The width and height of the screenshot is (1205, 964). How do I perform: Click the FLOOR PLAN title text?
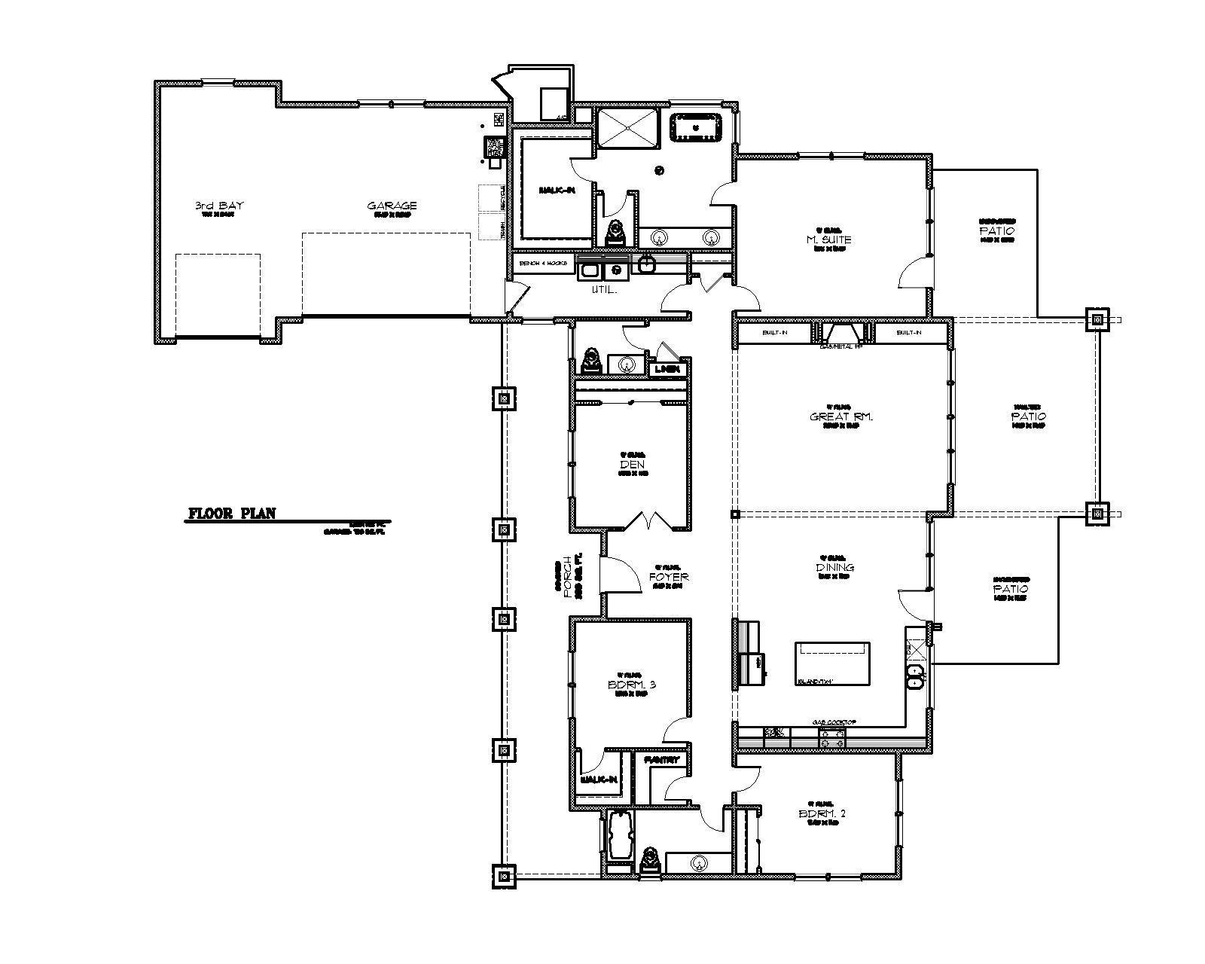[x=231, y=514]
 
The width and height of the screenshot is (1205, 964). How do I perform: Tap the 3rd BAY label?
[x=219, y=206]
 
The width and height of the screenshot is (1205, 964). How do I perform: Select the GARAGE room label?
[x=392, y=206]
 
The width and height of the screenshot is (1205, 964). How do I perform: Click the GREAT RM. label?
[x=841, y=416]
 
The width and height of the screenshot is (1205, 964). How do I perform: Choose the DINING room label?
[x=834, y=567]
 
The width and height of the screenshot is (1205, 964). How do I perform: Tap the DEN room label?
[x=633, y=465]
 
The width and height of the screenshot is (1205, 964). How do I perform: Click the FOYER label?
[x=668, y=577]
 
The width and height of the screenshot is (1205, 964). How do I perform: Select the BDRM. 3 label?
[x=633, y=685]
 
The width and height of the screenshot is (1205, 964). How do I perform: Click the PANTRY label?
[x=662, y=760]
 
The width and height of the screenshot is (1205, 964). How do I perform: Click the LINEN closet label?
[x=667, y=369]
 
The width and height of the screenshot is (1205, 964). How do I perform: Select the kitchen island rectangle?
[x=833, y=663]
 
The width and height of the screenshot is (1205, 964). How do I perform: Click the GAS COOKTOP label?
[x=834, y=722]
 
